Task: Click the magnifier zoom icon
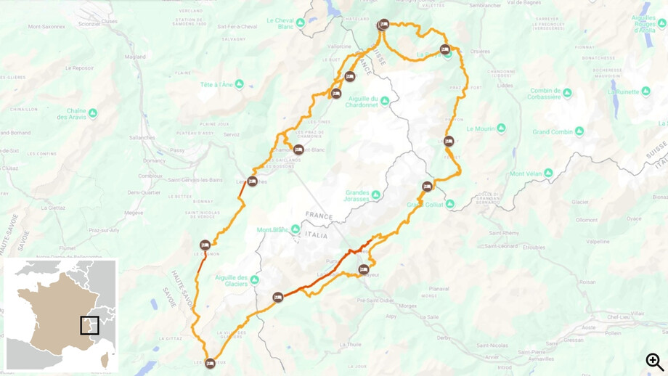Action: click(x=655, y=361)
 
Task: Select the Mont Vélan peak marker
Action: click(x=549, y=173)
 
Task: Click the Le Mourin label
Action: click(x=480, y=128)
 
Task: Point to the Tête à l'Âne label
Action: click(x=216, y=84)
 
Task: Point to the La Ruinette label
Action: click(x=624, y=92)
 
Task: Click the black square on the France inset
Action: click(x=89, y=325)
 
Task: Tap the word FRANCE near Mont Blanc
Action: click(x=319, y=216)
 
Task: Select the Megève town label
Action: click(x=134, y=213)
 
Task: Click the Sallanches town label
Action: click(x=142, y=136)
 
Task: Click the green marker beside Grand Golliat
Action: click(x=450, y=204)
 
